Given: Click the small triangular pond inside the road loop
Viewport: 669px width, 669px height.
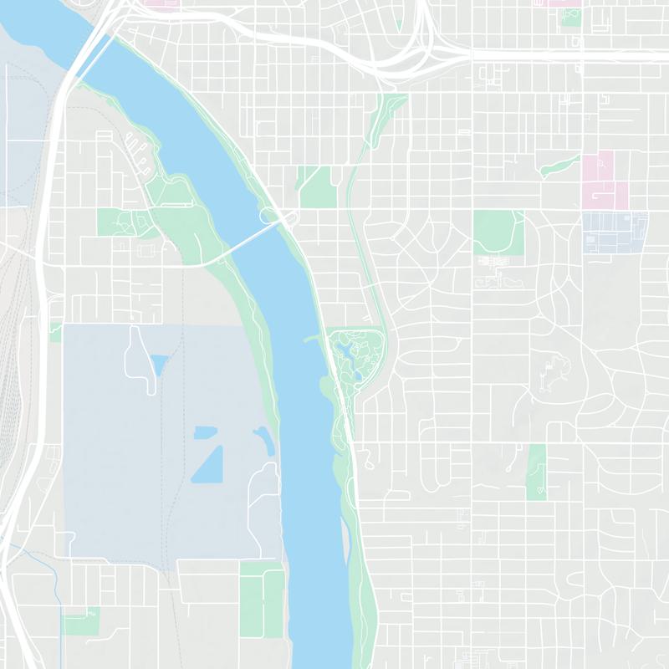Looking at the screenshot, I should point(158,364).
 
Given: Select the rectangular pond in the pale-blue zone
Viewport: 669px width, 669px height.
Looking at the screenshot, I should point(205,432).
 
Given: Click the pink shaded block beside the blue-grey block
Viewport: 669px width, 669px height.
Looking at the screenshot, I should point(604,180).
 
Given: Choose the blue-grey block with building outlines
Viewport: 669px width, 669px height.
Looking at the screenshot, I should point(615,232).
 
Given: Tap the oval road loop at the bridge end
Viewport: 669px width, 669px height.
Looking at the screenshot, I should point(270,216).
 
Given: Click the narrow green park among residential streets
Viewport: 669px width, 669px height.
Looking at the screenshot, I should point(536,472).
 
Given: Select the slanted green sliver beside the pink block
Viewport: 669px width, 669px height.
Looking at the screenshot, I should point(560,166).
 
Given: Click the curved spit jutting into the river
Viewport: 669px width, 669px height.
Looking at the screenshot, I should point(314,338).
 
